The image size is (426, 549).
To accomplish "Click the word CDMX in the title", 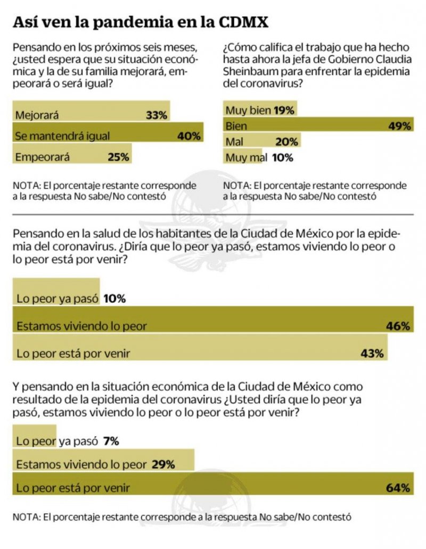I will click(x=244, y=22).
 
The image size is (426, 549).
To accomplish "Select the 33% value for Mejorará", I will click(x=156, y=114).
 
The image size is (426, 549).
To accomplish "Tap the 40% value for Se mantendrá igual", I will click(x=189, y=136).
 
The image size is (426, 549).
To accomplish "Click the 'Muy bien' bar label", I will click(x=248, y=111).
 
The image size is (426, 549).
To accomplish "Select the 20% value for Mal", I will click(x=288, y=142).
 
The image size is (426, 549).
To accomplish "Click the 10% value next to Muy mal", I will click(x=282, y=157).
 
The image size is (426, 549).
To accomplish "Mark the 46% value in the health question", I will click(x=399, y=326).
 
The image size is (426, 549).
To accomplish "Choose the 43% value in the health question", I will click(x=373, y=353).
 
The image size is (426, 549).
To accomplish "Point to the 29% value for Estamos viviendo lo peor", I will click(x=163, y=464).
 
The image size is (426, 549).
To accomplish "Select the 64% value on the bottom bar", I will click(x=399, y=488).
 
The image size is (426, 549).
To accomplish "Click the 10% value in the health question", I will click(x=114, y=299).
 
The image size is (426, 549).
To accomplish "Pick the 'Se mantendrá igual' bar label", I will click(x=62, y=136).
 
